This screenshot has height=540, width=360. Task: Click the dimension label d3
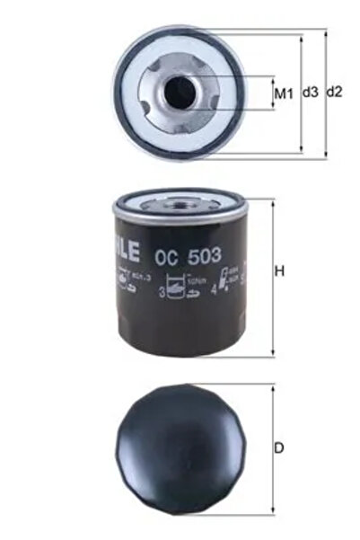tap(311, 93)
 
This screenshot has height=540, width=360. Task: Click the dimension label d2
tap(334, 93)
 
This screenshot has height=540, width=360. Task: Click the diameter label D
tap(279, 447)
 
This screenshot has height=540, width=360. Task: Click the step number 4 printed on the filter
tap(212, 291)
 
